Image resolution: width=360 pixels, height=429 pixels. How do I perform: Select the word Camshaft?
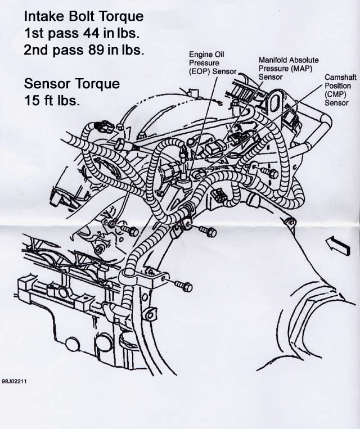pyautogui.click(x=339, y=78)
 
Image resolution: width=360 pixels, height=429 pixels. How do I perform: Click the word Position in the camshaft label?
pyautogui.click(x=337, y=86)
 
